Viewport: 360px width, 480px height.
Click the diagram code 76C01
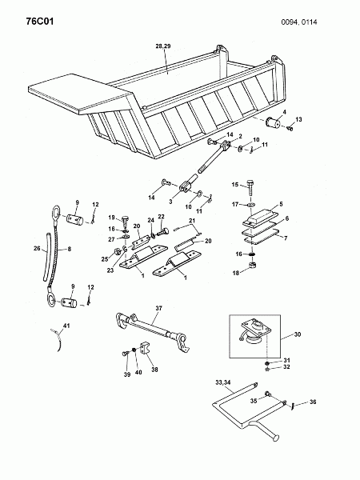[x=40, y=22]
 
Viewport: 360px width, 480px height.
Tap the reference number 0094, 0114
[x=299, y=22]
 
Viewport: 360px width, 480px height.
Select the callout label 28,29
[x=163, y=46]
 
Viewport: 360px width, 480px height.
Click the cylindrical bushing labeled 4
[x=273, y=123]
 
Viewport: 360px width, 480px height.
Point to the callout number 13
[x=298, y=119]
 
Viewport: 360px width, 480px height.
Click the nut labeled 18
[x=252, y=265]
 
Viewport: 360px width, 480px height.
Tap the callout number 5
[x=281, y=204]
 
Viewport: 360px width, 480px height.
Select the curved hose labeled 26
[x=46, y=256]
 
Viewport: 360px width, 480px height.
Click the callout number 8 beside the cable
[x=70, y=249]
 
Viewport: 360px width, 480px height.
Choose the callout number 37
[x=158, y=308]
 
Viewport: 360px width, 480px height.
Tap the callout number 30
[x=298, y=334]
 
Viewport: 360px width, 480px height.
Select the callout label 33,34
[x=223, y=382]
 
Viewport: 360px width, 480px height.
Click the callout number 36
[x=313, y=402]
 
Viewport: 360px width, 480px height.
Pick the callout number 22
[x=161, y=217]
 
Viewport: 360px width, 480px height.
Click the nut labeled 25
[x=117, y=253]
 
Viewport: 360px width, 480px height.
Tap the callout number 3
[x=171, y=202]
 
